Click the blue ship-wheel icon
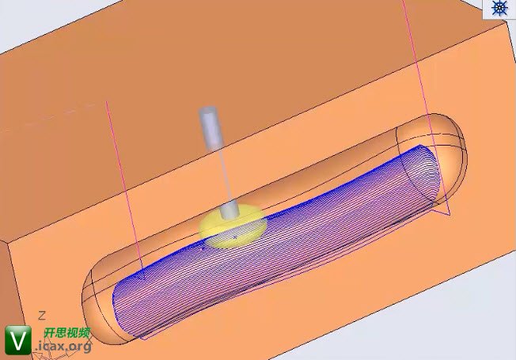pyautogui.click(x=499, y=8)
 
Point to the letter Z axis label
pyautogui.click(x=42, y=316)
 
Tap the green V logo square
pyautogui.click(x=18, y=340)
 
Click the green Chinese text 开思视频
pyautogui.click(x=67, y=332)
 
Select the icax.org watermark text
pyautogui.click(x=63, y=347)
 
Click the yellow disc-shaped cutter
pyautogui.click(x=233, y=227)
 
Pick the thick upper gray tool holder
pyautogui.click(x=210, y=127)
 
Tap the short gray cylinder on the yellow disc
pyautogui.click(x=230, y=210)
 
